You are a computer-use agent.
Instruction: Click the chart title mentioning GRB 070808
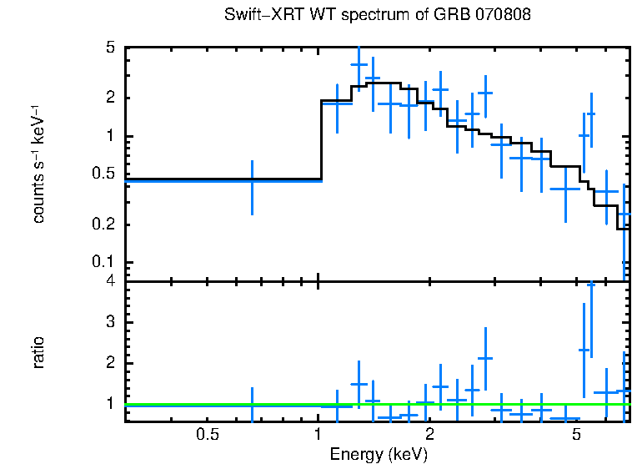378,15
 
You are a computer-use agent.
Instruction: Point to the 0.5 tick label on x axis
207,435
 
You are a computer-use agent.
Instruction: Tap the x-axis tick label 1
318,435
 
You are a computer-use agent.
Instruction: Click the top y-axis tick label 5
110,48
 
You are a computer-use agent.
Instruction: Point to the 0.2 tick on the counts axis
104,224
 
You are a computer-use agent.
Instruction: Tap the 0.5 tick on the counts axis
104,174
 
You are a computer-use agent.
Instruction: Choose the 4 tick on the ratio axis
110,282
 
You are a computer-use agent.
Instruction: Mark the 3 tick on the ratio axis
110,322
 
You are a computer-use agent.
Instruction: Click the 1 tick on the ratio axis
110,403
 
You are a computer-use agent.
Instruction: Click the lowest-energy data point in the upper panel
252,180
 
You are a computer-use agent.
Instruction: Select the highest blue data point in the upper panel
359,64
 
